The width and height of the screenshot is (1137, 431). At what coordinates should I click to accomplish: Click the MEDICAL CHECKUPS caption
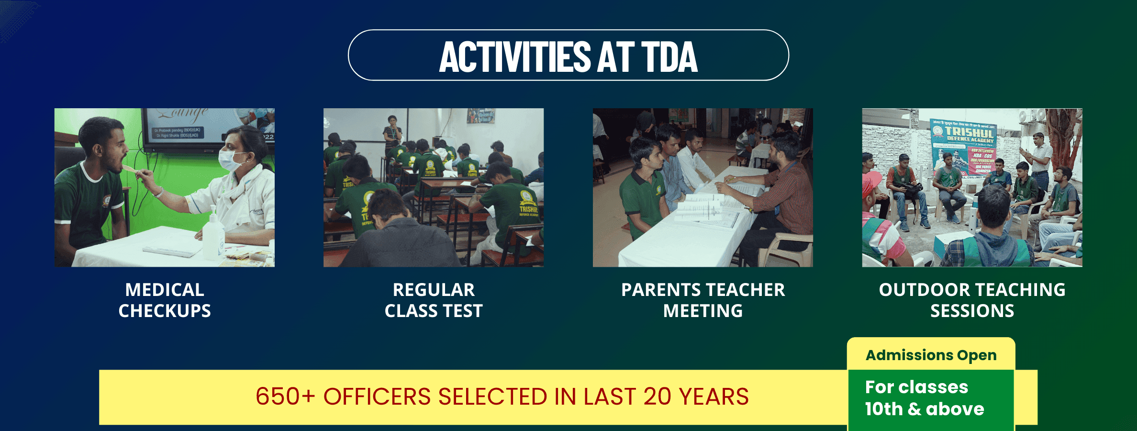[165, 300]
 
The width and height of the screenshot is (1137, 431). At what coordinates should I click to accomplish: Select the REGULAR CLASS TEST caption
[434, 300]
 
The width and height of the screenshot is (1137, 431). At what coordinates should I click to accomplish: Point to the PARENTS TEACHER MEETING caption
[703, 300]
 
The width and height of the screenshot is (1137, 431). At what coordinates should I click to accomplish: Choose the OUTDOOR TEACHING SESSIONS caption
[972, 300]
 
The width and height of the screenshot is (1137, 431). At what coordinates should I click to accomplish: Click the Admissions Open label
[931, 355]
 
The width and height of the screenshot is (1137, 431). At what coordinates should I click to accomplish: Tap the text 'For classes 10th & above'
[924, 398]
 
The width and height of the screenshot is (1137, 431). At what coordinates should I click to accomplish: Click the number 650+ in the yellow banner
[285, 397]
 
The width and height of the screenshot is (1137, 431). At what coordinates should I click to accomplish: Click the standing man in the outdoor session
[1038, 158]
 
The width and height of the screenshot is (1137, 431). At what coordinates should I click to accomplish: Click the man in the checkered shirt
[780, 192]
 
